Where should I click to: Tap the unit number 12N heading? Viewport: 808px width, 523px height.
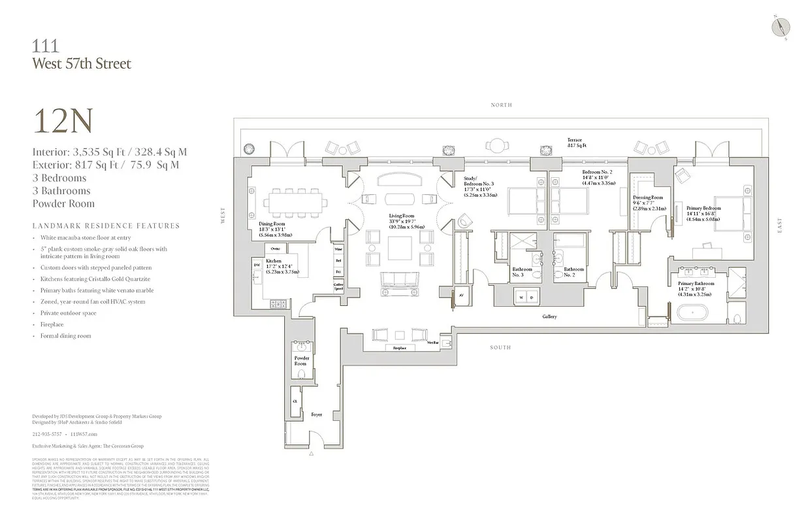(63, 122)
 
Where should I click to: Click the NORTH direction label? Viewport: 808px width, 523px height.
(501, 105)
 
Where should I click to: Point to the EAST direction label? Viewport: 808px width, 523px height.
(779, 225)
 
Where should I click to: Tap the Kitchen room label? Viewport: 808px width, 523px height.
(274, 264)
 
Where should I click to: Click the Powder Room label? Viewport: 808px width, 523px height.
(301, 361)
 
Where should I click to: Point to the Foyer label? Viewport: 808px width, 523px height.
(316, 414)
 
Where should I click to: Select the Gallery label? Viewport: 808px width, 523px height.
(549, 316)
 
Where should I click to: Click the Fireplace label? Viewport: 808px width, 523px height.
(400, 348)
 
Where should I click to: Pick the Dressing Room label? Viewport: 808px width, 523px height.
(647, 201)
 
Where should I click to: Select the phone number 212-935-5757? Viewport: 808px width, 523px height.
(47, 433)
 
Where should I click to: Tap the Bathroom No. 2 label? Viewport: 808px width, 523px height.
(574, 272)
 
